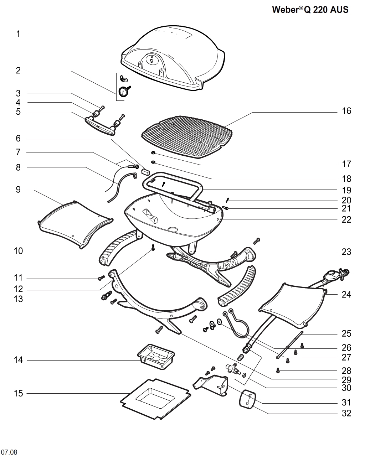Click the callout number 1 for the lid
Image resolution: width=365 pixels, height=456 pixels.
point(18,34)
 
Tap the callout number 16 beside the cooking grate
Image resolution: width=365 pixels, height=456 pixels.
point(346,111)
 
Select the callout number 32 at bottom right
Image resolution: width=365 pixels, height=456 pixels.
point(346,413)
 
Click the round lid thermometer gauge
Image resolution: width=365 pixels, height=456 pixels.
point(123,92)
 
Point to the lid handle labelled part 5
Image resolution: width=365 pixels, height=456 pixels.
point(100,126)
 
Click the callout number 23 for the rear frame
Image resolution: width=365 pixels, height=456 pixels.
point(346,252)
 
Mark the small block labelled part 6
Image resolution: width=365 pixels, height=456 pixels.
point(145,171)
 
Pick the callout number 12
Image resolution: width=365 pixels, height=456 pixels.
point(18,289)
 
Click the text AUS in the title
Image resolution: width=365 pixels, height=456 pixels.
point(339,10)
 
